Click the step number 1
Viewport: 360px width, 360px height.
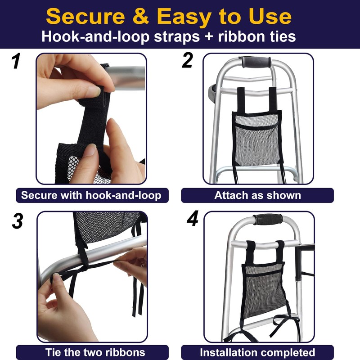pos(16,61)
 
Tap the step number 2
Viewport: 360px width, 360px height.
pos(187,60)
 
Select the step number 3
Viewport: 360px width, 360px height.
pos(18,221)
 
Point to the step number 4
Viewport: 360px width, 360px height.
pos(193,218)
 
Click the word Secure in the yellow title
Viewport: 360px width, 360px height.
pos(85,16)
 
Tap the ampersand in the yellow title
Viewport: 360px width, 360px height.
pos(141,16)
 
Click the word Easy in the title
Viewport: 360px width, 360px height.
pos(184,17)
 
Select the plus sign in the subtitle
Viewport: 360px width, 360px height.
pos(209,37)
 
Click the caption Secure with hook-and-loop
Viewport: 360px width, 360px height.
pos(91,195)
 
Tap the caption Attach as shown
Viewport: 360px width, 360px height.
pos(257,195)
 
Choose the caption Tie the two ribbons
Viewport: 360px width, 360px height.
pos(95,352)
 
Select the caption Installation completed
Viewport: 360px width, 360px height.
pos(257,352)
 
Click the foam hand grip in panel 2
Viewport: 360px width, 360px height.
pos(256,62)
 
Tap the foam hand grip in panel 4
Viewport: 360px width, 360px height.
pos(268,220)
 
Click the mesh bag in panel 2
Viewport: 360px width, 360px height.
pos(257,139)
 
